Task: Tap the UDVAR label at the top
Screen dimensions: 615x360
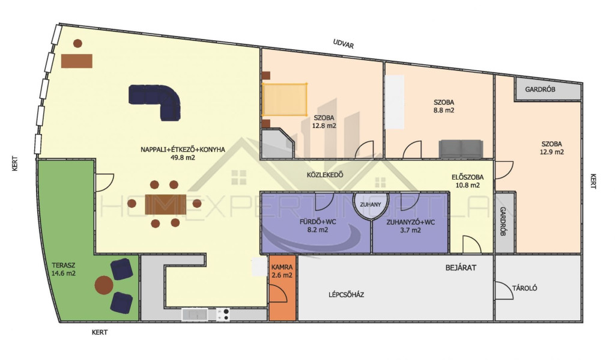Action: click(x=343, y=44)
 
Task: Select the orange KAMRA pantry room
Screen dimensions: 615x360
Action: click(x=282, y=287)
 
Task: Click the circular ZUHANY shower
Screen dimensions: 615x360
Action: click(x=370, y=204)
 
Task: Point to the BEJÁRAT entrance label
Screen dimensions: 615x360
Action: click(x=461, y=267)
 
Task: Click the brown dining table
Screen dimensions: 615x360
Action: click(x=166, y=204)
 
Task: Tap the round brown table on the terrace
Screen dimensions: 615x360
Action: click(x=104, y=285)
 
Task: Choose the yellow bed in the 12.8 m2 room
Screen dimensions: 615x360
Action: click(x=285, y=99)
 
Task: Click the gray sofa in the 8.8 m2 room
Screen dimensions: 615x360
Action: click(x=461, y=149)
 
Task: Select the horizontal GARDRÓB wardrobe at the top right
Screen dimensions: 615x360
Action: click(x=548, y=89)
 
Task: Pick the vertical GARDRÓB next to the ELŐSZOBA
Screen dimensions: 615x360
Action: click(x=504, y=222)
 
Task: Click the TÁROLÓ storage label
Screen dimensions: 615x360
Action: click(x=524, y=288)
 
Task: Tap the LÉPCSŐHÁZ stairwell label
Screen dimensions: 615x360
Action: click(x=346, y=294)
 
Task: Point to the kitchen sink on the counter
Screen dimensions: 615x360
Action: click(x=195, y=314)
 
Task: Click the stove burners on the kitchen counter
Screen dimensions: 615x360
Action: click(x=223, y=314)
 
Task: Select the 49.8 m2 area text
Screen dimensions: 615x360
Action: click(x=183, y=158)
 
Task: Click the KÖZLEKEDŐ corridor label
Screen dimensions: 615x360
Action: click(x=325, y=175)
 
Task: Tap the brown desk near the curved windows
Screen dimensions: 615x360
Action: click(x=77, y=61)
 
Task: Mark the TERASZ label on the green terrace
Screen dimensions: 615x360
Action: click(x=64, y=266)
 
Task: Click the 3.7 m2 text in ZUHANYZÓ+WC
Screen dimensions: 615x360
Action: click(x=410, y=230)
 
